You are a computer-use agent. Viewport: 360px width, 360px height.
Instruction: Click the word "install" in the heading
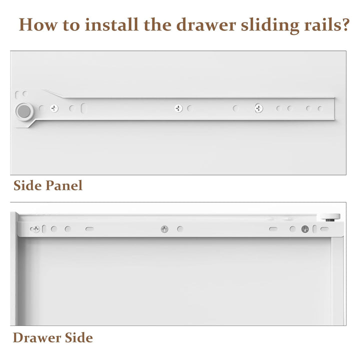click(x=112, y=24)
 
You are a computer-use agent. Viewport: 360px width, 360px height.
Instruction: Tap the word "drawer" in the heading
click(x=206, y=25)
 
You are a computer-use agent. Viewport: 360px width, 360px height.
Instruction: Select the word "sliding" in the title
click(x=270, y=25)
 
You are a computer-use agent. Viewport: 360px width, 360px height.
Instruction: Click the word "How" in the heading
click(x=38, y=24)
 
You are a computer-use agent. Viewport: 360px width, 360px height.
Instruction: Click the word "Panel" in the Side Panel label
click(x=64, y=185)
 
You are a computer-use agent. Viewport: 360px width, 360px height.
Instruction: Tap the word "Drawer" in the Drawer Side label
click(x=36, y=337)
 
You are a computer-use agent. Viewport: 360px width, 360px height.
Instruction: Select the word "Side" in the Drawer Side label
click(x=79, y=337)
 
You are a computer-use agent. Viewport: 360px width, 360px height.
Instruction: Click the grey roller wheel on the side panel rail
click(x=24, y=111)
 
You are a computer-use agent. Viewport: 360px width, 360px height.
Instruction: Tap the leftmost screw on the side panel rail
click(x=54, y=108)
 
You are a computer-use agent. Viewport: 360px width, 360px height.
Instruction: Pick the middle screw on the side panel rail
click(x=178, y=108)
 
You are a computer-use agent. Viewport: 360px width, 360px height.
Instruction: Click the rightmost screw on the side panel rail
click(x=259, y=108)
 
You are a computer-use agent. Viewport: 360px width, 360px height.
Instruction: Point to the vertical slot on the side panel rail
click(x=83, y=108)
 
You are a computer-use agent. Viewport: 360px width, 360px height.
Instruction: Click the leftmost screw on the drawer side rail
click(x=35, y=229)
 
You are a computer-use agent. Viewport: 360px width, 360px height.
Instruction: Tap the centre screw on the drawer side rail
click(x=164, y=229)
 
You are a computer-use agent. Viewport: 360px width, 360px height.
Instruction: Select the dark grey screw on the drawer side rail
click(x=305, y=229)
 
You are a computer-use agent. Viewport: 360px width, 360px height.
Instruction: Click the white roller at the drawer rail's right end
click(x=329, y=216)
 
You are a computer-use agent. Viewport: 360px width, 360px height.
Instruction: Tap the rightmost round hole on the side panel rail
click(x=320, y=108)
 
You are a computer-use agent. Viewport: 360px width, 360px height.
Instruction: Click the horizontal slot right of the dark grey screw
click(x=324, y=229)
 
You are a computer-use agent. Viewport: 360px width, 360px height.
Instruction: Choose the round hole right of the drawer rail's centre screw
click(x=180, y=228)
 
